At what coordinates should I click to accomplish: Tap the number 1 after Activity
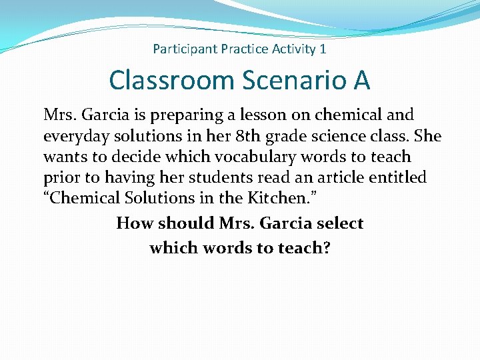pyautogui.click(x=323, y=49)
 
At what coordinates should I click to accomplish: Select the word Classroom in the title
pyautogui.click(x=171, y=81)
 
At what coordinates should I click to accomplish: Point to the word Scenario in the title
pyautogui.click(x=291, y=81)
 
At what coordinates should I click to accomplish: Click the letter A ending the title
pyautogui.click(x=361, y=81)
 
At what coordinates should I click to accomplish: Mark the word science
pyautogui.click(x=341, y=136)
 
